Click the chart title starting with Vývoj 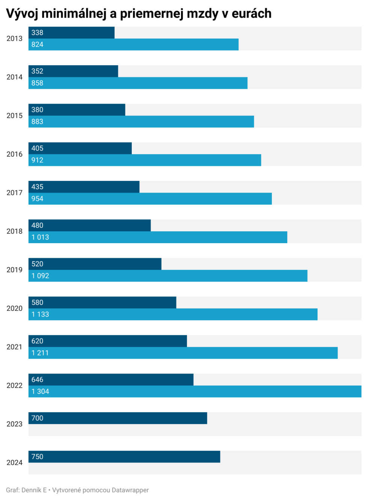pyautogui.click(x=139, y=14)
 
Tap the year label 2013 pyautogui.click(x=15, y=39)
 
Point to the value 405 pyautogui.click(x=37, y=148)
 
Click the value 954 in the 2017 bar pyautogui.click(x=37, y=199)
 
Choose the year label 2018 pyautogui.click(x=15, y=231)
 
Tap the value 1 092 pyautogui.click(x=40, y=276)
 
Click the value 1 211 pyautogui.click(x=40, y=353)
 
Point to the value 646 pyautogui.click(x=37, y=380)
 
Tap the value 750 pyautogui.click(x=37, y=457)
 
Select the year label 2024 pyautogui.click(x=15, y=462)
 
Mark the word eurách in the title pyautogui.click(x=252, y=14)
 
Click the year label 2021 pyautogui.click(x=15, y=347)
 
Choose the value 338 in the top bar pyautogui.click(x=37, y=33)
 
